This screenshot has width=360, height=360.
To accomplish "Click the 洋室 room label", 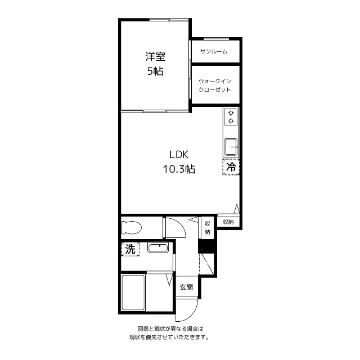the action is tap(155, 57).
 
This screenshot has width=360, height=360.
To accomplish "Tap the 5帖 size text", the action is tap(155, 71).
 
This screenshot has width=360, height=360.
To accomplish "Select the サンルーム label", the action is tap(214, 51).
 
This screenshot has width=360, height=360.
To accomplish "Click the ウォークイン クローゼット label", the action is tap(215, 85).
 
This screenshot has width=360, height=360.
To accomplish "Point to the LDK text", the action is tap(179, 155).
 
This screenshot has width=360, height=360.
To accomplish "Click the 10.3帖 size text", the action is tap(179, 169).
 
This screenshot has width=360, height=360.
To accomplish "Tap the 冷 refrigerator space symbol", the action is tap(231, 167).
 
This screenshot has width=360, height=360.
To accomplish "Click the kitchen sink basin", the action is tap(231, 147).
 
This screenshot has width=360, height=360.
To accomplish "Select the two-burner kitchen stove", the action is tap(231, 116).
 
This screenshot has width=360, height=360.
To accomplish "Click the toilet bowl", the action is tap(131, 227).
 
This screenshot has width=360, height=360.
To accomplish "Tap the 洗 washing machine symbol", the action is tap(130, 249).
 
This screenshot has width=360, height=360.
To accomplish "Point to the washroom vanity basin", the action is tap(158, 248).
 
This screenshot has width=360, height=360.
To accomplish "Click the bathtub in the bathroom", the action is tap(133, 292).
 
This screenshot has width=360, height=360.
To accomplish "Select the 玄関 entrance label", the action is tap(186, 287).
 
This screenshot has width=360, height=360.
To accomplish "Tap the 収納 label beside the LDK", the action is tap(228, 222).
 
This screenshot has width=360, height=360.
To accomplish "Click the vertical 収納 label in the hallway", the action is tap(208, 227).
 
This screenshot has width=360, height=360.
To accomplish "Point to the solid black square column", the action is tap(206, 246).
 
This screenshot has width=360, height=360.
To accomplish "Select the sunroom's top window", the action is tap(216, 39).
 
